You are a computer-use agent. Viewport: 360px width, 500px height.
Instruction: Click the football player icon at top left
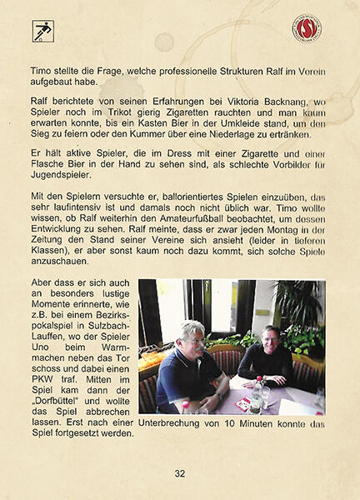pos(42,32)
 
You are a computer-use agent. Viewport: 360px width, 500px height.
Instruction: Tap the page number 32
pos(179,473)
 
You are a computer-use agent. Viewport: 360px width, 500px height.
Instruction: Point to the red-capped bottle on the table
pos(256,392)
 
